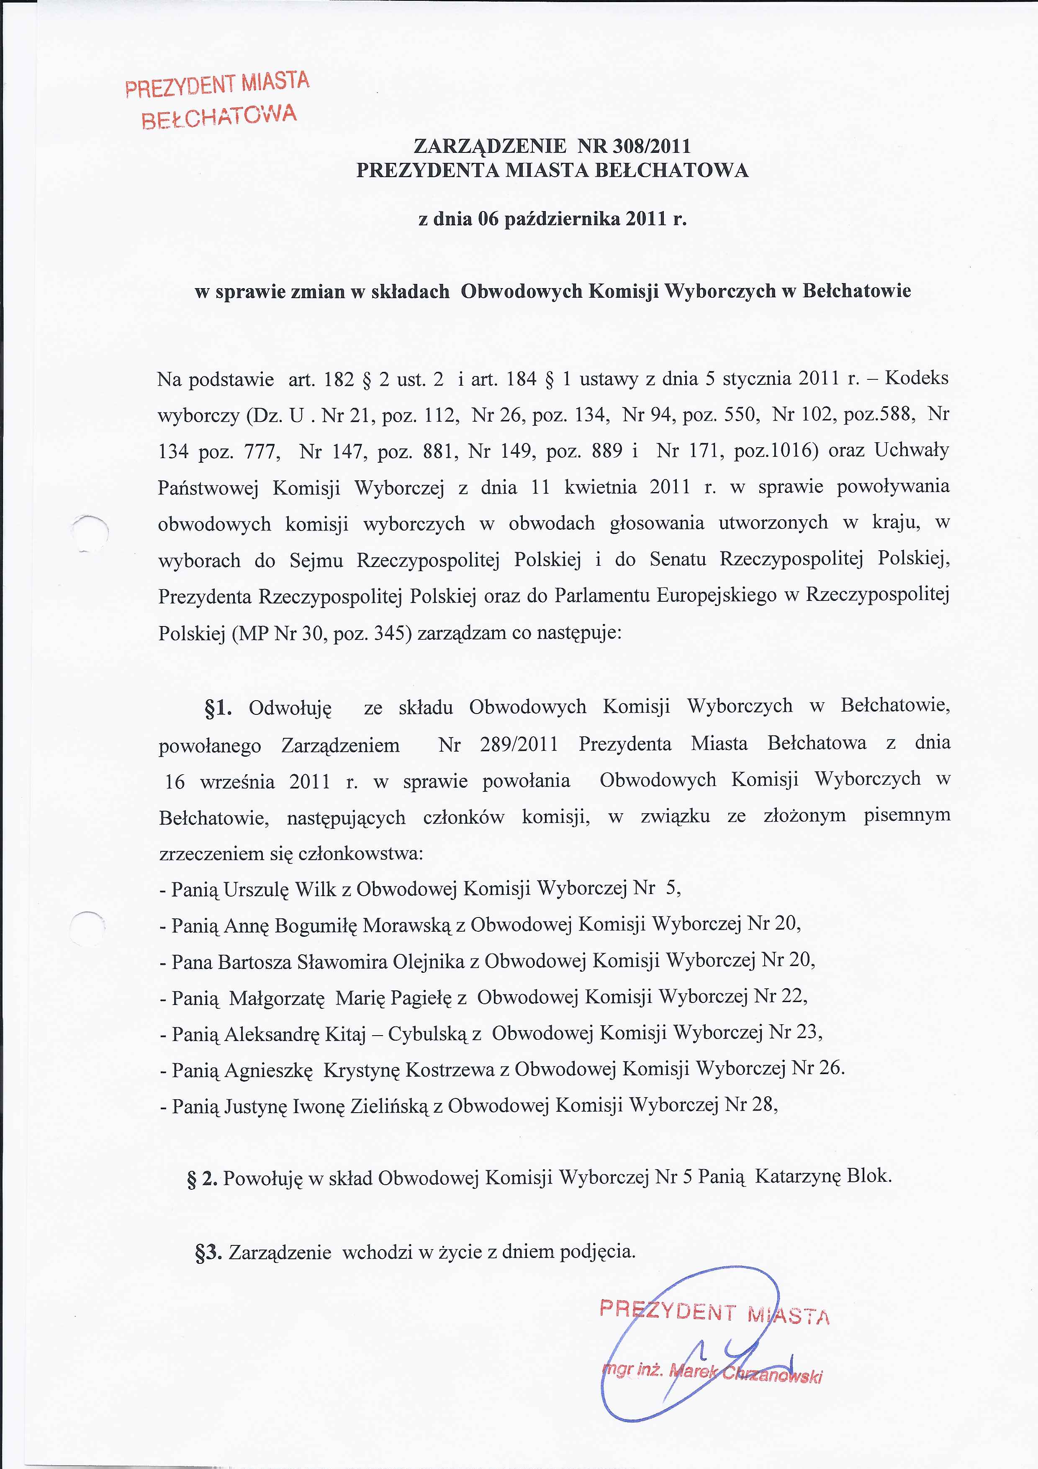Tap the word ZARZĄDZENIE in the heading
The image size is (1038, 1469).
[490, 147]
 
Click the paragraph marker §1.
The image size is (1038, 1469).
[218, 708]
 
